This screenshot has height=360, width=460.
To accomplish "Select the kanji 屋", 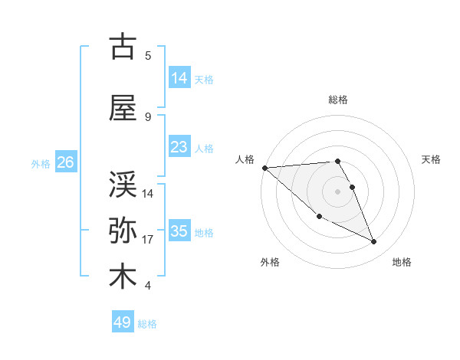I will (123, 109).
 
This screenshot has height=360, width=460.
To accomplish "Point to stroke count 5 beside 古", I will (148, 55).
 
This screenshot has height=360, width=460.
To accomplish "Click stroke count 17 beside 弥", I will (148, 240).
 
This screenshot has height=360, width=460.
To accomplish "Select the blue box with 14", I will (179, 77).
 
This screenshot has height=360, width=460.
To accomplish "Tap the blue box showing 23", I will (179, 147).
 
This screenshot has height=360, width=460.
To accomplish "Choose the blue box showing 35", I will (179, 231).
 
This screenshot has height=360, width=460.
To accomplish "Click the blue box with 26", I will (65, 162).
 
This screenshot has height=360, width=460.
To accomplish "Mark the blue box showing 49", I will (123, 322).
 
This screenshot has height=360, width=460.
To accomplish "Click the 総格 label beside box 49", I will (147, 324).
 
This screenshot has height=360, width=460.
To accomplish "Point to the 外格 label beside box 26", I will (41, 164).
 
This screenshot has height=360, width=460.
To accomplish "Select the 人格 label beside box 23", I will (204, 149).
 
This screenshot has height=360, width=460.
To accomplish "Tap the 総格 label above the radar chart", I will (338, 100).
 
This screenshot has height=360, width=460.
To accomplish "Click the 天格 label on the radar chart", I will (432, 159).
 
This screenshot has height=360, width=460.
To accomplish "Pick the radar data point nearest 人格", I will (264, 168).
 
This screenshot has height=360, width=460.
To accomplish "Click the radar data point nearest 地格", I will (374, 242).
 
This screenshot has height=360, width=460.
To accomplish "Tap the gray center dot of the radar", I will (338, 191).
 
